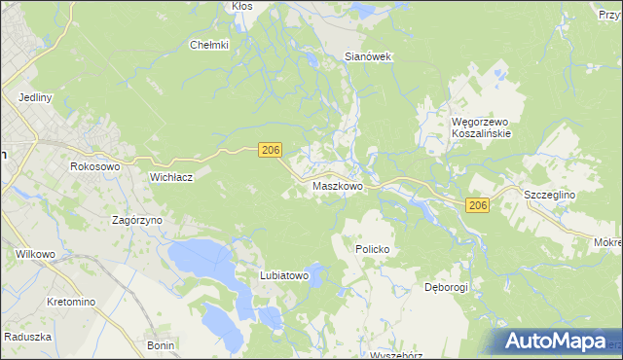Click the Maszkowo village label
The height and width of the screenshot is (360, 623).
[338, 186]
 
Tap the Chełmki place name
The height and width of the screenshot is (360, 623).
[208, 45]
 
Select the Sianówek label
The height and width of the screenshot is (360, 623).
[368, 56]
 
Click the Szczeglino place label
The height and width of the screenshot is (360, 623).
[550, 195]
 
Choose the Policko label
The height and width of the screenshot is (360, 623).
[372, 249]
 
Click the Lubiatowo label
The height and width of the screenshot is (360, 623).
[284, 276]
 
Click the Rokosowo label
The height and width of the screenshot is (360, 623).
[94, 167]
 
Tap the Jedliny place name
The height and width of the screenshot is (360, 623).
[35, 98]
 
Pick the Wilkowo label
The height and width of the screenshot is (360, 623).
[36, 254]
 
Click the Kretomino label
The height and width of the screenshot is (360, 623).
[71, 303]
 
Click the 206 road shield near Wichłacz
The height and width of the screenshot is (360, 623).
[271, 149]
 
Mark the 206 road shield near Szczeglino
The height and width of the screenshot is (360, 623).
[477, 205]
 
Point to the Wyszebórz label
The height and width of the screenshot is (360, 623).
[396, 355]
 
